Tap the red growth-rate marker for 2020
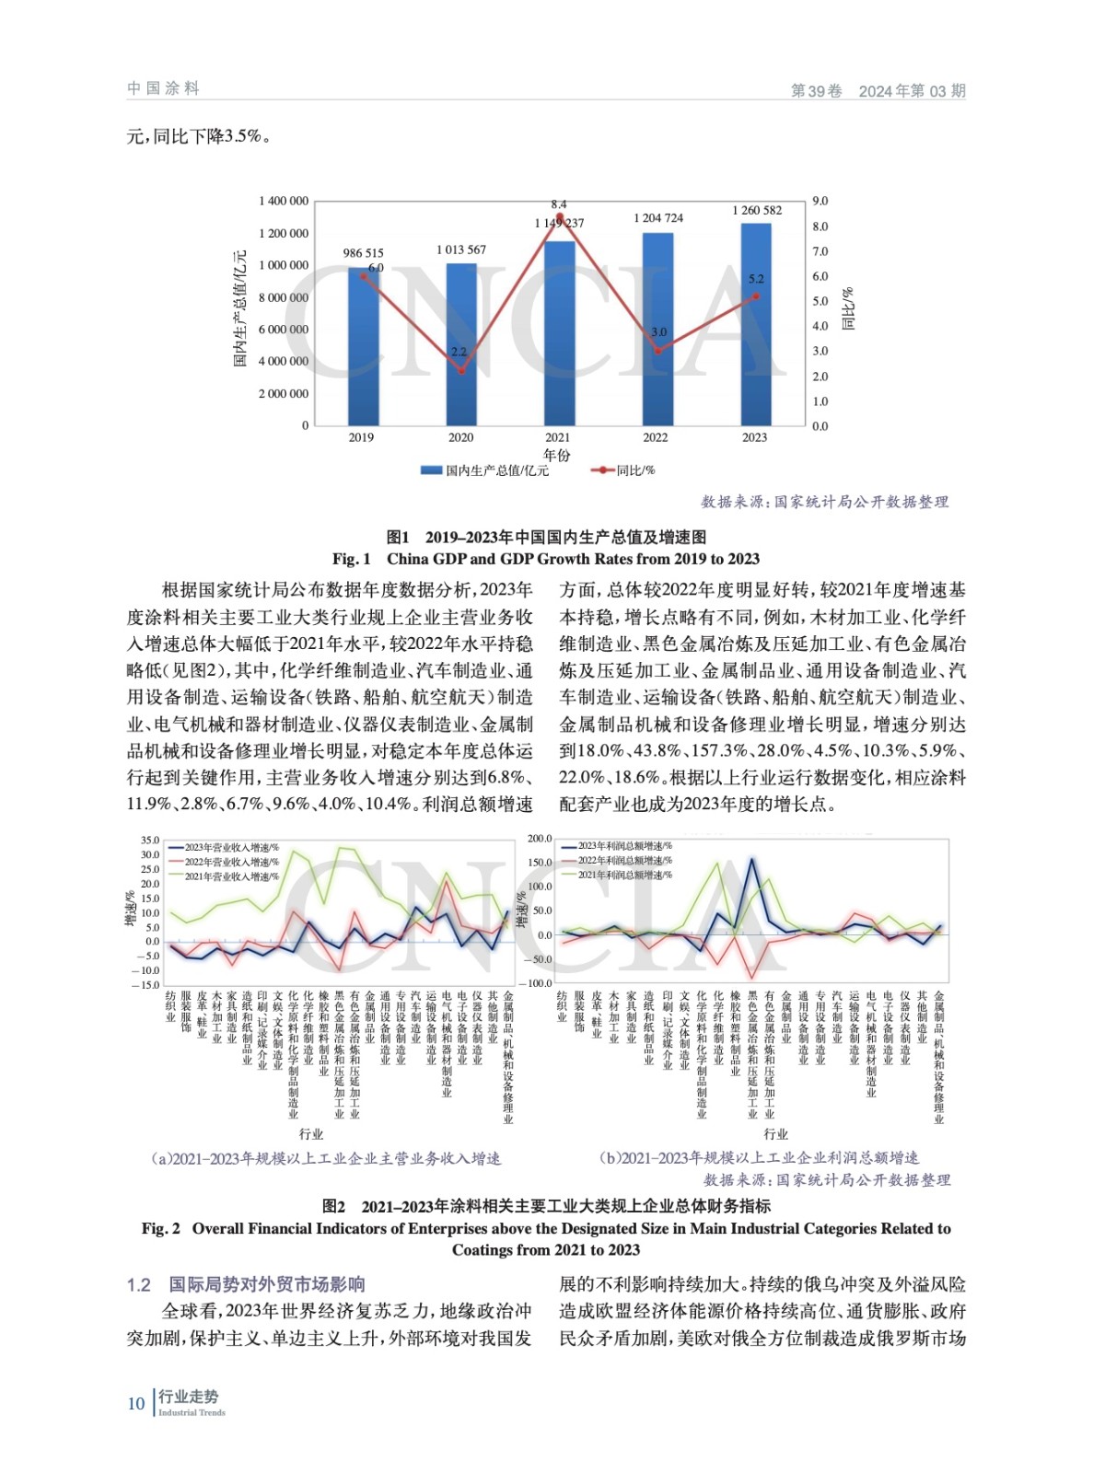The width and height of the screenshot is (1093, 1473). (461, 370)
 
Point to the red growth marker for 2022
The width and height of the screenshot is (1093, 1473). (657, 351)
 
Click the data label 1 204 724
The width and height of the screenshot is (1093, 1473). (657, 218)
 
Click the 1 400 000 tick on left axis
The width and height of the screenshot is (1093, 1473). (284, 201)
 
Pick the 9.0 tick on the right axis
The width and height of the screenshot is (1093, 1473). (820, 201)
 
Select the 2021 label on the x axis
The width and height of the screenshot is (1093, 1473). (557, 437)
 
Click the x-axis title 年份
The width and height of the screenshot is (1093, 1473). (556, 455)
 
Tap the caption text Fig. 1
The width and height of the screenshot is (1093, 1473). (352, 559)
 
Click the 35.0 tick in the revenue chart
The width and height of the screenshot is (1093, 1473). (150, 841)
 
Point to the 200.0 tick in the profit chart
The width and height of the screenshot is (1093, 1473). (540, 839)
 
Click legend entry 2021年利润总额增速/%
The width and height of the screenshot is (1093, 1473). (624, 875)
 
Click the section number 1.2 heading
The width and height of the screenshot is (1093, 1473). (139, 1284)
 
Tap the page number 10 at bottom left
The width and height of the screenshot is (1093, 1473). (136, 1403)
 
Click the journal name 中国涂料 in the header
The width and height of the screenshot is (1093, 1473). (163, 88)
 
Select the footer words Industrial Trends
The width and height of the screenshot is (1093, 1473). (192, 1412)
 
